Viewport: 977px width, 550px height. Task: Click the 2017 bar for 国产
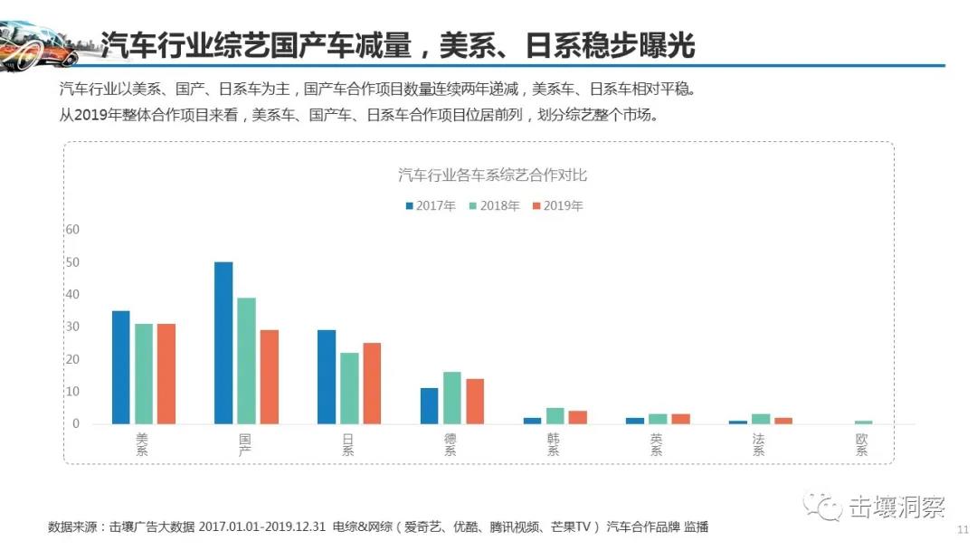point(223,343)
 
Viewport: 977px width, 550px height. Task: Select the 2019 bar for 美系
point(166,374)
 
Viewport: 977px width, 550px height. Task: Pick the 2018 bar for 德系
point(452,398)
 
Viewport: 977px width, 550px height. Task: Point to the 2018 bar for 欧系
point(863,422)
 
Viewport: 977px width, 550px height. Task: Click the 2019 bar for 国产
point(269,376)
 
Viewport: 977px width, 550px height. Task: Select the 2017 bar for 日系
point(327,376)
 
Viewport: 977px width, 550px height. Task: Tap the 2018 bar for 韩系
point(555,416)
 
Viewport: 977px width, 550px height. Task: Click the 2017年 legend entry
point(431,206)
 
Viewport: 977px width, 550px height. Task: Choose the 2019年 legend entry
point(556,206)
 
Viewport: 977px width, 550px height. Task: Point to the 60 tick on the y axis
point(72,230)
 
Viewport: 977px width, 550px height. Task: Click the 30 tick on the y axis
point(72,327)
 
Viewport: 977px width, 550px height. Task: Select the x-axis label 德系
point(451,444)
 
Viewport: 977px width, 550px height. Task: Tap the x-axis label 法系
point(758,444)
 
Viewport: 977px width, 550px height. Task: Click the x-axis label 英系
point(656,444)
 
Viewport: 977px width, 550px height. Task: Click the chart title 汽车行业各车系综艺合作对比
point(493,175)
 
